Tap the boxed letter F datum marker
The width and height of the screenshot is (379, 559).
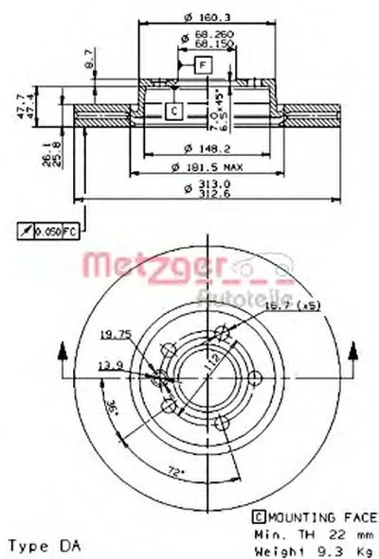201,64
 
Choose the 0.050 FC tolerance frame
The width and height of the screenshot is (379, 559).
55,231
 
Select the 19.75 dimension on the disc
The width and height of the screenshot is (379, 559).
115,333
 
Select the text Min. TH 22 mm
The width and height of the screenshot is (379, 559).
303,532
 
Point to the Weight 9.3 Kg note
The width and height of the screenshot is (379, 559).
303,546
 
